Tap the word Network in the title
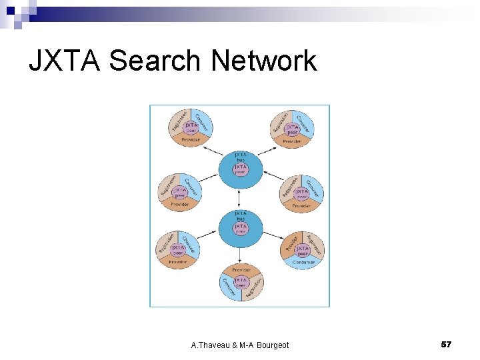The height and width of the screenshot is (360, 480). tap(264, 61)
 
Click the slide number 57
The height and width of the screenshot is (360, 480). tap(447, 344)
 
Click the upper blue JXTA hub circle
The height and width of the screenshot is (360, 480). tap(241, 167)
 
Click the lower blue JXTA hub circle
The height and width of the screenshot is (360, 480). tap(241, 227)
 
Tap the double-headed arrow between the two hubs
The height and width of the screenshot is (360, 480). tap(240, 197)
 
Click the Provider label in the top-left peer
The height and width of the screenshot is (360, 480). tap(190, 139)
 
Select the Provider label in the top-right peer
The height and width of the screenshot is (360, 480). tap(292, 141)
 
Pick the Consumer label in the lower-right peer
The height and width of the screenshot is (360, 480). tap(303, 263)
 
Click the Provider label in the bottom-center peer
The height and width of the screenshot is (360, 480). tap(241, 270)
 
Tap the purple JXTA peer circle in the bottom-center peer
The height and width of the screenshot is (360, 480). tap(241, 283)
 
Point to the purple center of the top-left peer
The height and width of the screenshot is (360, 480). tap(191, 127)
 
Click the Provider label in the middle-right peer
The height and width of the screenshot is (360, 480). tap(301, 206)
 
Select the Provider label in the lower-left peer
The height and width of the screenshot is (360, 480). tap(178, 262)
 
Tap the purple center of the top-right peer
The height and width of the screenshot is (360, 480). tap(292, 128)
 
